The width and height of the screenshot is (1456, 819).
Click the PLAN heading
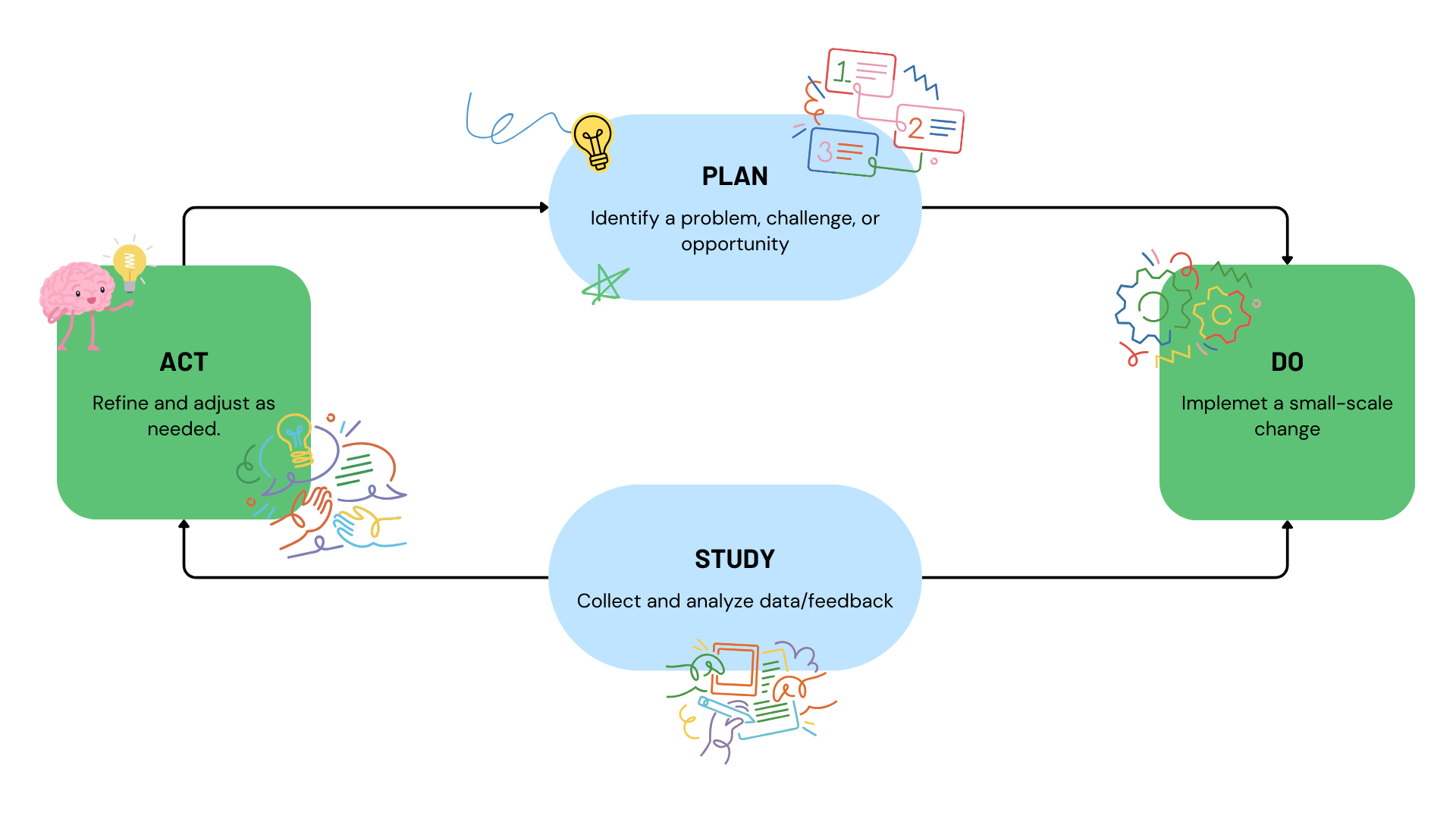click(x=734, y=177)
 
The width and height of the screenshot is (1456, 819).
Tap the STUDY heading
click(x=734, y=560)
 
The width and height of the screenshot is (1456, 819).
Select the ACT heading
click(x=184, y=362)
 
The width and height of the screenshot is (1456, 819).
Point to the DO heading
click(x=1287, y=362)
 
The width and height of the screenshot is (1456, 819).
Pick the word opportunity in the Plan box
click(x=734, y=244)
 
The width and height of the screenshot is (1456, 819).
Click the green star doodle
click(x=605, y=284)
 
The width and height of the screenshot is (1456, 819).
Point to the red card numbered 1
click(x=861, y=73)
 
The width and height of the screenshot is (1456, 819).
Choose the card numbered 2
click(x=930, y=129)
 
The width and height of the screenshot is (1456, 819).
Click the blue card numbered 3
click(x=843, y=152)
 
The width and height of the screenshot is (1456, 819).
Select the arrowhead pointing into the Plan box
click(x=544, y=207)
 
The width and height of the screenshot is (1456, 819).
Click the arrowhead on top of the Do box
click(x=1287, y=260)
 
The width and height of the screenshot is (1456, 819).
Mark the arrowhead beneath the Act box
click(x=184, y=524)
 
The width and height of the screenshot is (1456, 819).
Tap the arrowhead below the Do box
click(x=1287, y=525)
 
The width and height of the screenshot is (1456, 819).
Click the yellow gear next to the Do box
click(x=1221, y=314)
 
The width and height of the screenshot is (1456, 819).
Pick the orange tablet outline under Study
click(x=734, y=669)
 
